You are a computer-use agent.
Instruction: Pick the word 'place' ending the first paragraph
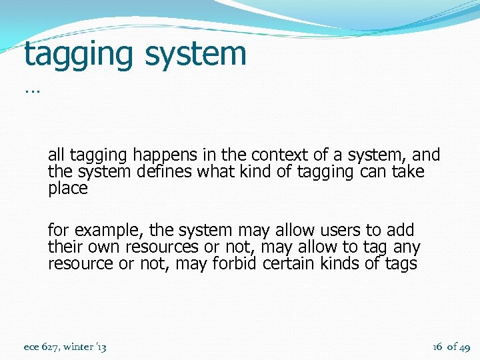pos(67,189)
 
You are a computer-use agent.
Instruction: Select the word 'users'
pos(339,231)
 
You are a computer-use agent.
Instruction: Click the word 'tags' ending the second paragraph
pos(401,263)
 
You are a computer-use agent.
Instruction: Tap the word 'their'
pos(64,247)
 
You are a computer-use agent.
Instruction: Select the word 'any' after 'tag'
pos(407,247)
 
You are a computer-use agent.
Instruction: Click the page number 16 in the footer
pos(437,347)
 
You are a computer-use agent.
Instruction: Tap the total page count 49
pos(464,347)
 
